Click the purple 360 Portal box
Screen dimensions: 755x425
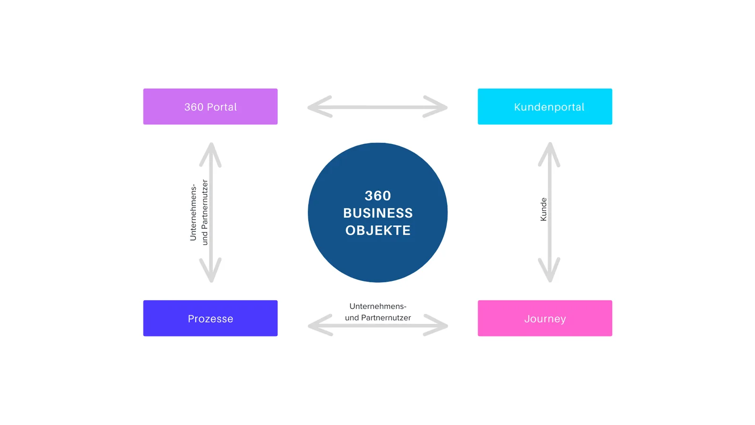[210, 107]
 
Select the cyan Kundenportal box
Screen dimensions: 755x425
[545, 107]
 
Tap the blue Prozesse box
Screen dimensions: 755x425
[210, 318]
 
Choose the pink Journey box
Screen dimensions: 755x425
[545, 318]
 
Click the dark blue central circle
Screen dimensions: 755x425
[377, 212]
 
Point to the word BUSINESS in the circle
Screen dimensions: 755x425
[378, 213]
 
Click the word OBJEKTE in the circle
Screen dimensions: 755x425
[378, 230]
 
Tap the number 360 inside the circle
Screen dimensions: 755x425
[378, 195]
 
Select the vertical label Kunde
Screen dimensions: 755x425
[543, 210]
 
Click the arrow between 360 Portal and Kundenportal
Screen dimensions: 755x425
[377, 107]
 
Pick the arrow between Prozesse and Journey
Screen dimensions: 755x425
[378, 325]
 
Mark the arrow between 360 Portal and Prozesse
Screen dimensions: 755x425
[210, 212]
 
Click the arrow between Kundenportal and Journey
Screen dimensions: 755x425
[549, 212]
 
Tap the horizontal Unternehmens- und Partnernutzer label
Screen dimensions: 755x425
[378, 312]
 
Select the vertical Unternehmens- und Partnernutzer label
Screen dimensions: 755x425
[199, 212]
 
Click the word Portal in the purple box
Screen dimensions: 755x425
[222, 107]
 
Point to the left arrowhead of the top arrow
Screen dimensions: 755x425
[319, 107]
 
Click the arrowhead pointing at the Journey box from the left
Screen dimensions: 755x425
[436, 325]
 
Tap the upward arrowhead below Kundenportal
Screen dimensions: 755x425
[549, 154]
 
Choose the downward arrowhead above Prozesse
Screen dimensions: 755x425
[210, 270]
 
